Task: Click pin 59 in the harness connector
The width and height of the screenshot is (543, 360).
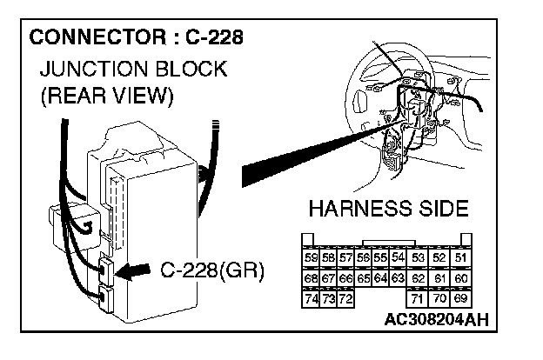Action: (x=311, y=257)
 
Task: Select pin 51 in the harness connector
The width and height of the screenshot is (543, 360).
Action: (x=460, y=257)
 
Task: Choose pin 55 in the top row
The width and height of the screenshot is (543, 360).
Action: (x=379, y=257)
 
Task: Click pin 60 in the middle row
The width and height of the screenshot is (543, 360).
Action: (x=460, y=278)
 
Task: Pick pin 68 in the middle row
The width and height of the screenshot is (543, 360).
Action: (x=311, y=278)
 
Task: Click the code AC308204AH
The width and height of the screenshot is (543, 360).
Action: (x=435, y=318)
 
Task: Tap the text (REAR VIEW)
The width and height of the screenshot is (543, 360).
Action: (x=107, y=96)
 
